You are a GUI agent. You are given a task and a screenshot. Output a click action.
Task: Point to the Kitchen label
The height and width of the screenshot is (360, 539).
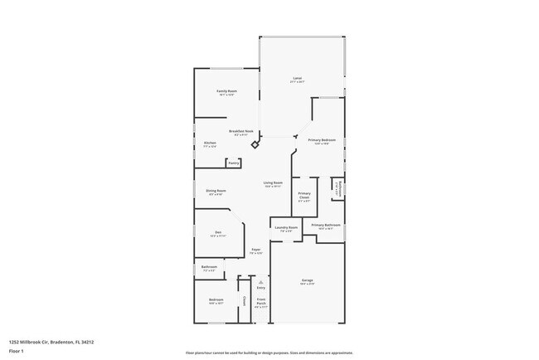(211, 144)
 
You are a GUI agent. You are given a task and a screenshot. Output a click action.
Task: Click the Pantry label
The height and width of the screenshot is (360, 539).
(234, 163)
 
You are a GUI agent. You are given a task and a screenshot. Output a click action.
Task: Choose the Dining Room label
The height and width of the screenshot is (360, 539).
(216, 191)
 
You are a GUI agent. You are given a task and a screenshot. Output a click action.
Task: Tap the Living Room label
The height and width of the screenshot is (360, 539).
(273, 183)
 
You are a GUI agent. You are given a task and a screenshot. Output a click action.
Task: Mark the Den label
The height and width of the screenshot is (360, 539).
(218, 232)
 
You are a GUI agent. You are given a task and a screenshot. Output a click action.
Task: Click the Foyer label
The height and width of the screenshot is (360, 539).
(257, 250)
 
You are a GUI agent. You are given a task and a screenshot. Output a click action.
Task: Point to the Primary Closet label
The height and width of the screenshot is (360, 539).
(304, 197)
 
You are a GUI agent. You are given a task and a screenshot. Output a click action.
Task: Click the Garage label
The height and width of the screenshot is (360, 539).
(307, 281)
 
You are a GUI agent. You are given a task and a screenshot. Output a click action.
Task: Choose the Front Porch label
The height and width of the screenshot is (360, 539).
(260, 301)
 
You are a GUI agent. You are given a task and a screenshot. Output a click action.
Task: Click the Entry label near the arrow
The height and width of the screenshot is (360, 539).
(260, 287)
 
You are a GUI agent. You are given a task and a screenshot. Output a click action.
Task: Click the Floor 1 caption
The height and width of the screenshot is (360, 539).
(17, 352)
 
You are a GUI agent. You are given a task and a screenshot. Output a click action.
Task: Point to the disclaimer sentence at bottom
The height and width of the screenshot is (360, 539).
(269, 352)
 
